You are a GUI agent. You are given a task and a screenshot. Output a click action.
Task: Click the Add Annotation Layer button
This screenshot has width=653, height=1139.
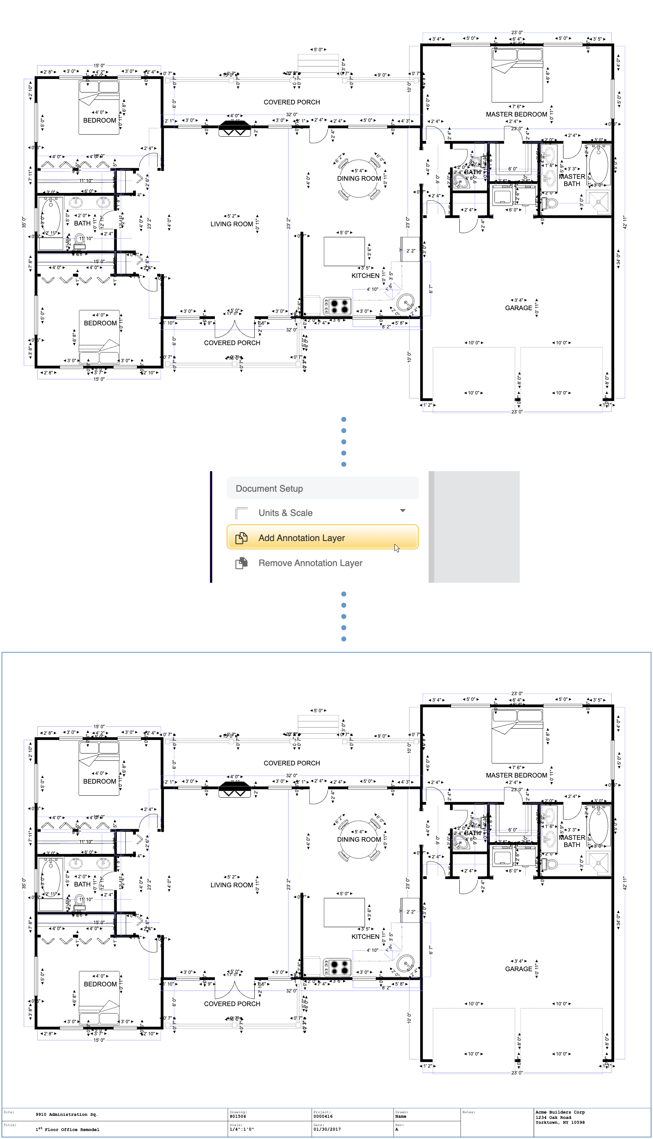coord(322,537)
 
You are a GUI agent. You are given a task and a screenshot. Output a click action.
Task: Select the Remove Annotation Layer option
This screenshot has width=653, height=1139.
coord(310,563)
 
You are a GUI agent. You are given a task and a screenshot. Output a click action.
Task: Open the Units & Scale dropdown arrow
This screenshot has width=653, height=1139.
coord(402,511)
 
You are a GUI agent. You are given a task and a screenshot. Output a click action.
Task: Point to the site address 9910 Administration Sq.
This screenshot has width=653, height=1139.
coord(66,1114)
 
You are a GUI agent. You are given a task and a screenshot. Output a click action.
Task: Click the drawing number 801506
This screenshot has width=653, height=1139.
coord(238,1116)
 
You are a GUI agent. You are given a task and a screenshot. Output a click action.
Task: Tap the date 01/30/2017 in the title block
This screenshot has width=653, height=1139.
coord(327,1129)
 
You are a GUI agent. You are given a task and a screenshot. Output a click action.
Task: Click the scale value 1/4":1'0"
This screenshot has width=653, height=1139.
coord(241,1129)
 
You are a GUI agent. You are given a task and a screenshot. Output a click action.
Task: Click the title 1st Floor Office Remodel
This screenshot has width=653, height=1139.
coord(67,1129)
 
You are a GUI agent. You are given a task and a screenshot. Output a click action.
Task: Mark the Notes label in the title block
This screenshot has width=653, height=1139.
coord(468,1112)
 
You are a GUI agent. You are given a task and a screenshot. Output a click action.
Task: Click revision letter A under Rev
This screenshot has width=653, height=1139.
coord(396,1129)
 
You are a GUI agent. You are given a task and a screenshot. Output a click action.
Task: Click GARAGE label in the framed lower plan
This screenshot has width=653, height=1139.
coord(518,969)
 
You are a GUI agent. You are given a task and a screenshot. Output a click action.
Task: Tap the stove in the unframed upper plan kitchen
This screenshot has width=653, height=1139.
coord(337,306)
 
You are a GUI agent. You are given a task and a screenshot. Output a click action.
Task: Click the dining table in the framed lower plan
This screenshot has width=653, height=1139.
coord(359,839)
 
